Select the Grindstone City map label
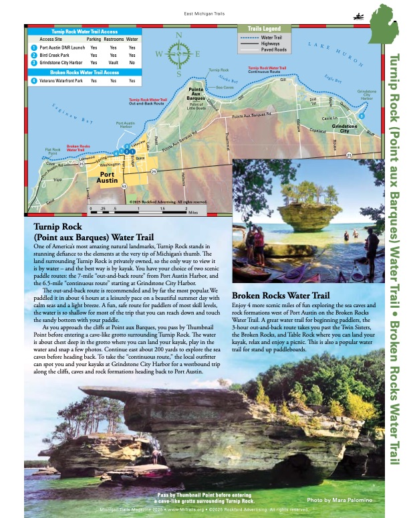pyautogui.click(x=345, y=128)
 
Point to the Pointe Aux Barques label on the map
pyautogui.click(x=196, y=94)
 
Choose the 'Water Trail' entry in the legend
pyautogui.click(x=271, y=39)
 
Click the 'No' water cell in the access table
pyautogui.click(x=132, y=62)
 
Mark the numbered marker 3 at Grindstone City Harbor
pyautogui.click(x=362, y=116)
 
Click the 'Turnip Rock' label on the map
pyautogui.click(x=219, y=70)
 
